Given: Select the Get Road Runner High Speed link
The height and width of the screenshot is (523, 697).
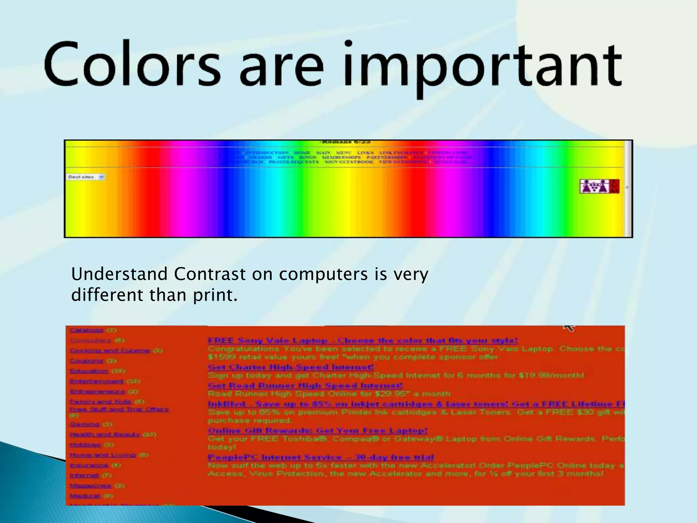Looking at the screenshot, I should click(x=305, y=385).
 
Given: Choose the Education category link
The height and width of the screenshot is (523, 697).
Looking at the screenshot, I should click(x=89, y=371).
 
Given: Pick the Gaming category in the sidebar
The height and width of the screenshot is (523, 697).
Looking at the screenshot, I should click(x=84, y=424).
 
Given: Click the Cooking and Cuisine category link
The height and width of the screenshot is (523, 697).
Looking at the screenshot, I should click(x=110, y=350).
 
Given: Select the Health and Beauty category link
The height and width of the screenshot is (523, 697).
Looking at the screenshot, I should click(x=105, y=434).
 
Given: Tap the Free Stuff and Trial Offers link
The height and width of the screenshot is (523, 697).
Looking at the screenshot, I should click(x=119, y=409).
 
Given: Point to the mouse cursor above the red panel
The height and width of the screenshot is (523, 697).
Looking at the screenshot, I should click(x=568, y=328).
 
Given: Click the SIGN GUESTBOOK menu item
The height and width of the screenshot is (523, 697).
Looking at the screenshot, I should click(x=348, y=162).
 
